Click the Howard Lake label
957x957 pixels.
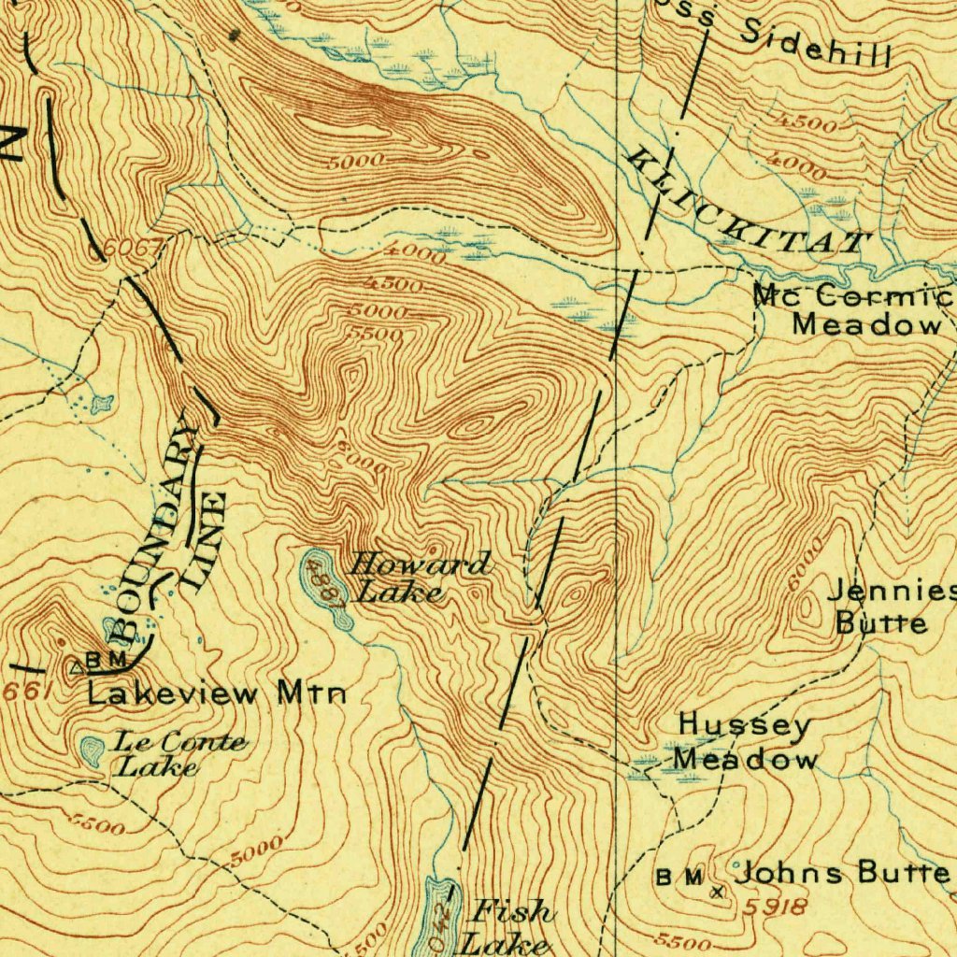pyautogui.click(x=418, y=578)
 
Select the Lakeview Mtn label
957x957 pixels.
pyautogui.click(x=218, y=693)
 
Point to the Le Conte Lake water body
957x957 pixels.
pyautogui.click(x=92, y=750)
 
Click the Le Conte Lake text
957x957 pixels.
pyautogui.click(x=179, y=754)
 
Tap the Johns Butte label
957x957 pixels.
pyautogui.click(x=841, y=873)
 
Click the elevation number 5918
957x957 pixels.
pyautogui.click(x=777, y=906)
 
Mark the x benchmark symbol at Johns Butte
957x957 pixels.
pyautogui.click(x=717, y=892)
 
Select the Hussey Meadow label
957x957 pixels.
pyautogui.click(x=745, y=741)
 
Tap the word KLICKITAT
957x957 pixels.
pyautogui.click(x=748, y=203)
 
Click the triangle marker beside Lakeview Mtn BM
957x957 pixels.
pyautogui.click(x=77, y=667)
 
